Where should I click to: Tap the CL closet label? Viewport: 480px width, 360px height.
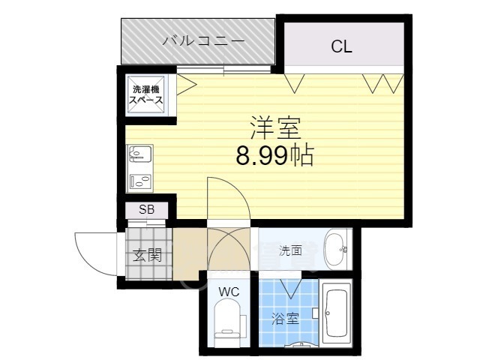pos(341,47)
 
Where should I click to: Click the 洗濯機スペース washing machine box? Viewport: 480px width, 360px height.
pos(148,94)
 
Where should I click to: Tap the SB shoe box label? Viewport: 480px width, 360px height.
pos(146,209)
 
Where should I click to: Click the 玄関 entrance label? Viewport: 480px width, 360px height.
pos(148,254)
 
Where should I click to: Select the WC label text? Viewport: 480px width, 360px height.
pos(229,292)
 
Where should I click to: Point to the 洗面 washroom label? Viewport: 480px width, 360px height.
pos(290,251)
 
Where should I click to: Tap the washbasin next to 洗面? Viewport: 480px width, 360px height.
pos(335,249)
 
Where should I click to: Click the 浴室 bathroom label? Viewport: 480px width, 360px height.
pos(286,318)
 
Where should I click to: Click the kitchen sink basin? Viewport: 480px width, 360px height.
pos(140,155)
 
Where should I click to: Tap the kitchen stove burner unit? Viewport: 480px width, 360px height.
pos(139,181)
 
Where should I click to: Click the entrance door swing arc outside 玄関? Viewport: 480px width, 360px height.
pos(94,251)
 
